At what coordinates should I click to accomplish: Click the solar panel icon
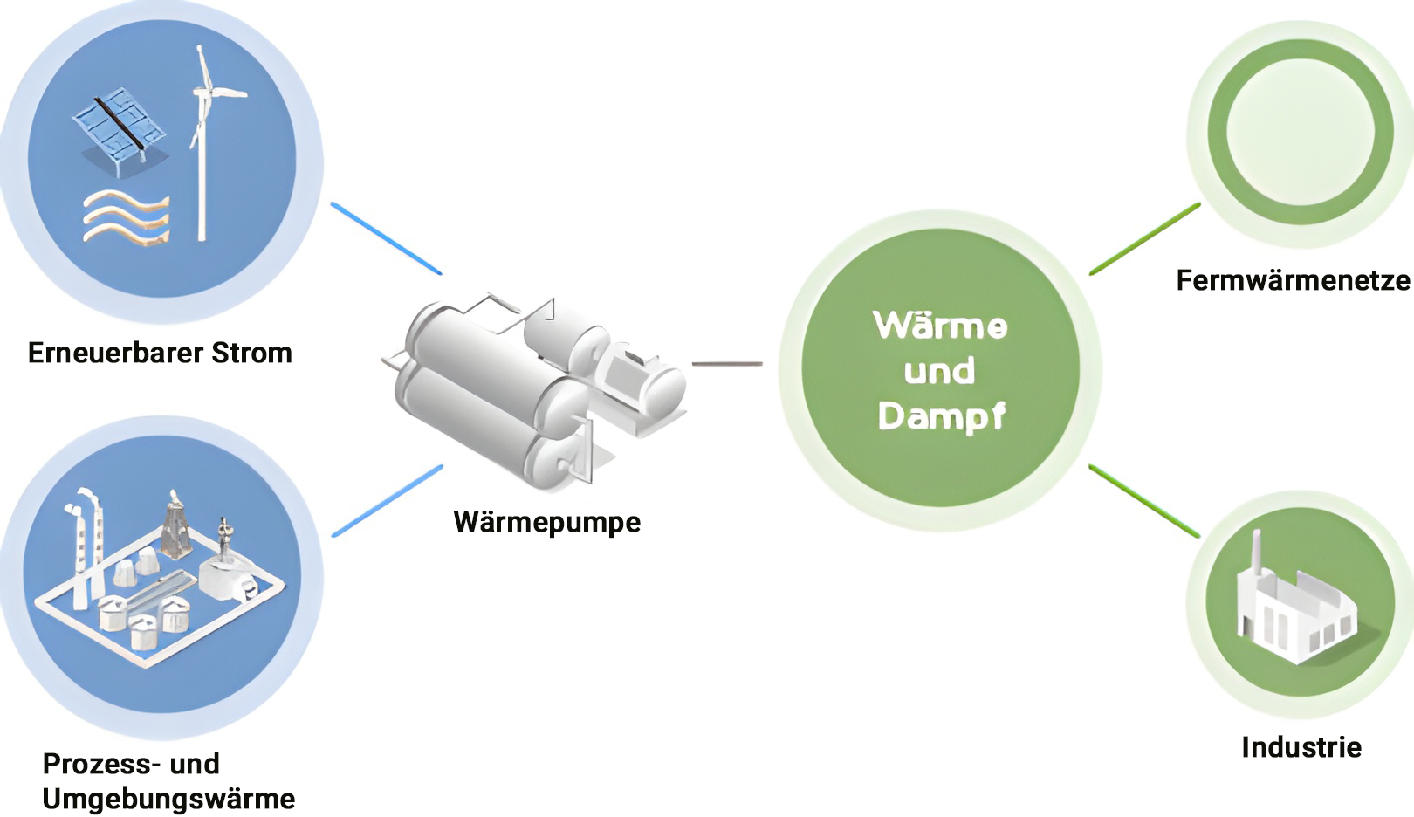pyautogui.click(x=118, y=127)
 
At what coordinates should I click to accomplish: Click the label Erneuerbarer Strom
pyautogui.click(x=160, y=353)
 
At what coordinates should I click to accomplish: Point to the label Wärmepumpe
pyautogui.click(x=547, y=522)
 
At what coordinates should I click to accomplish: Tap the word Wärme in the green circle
pyautogui.click(x=940, y=326)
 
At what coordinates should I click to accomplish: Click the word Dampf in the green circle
pyautogui.click(x=941, y=415)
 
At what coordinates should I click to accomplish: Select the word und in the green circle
pyautogui.click(x=939, y=371)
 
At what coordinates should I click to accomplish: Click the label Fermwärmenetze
pyautogui.click(x=1294, y=280)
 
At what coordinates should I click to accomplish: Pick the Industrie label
pyautogui.click(x=1301, y=747)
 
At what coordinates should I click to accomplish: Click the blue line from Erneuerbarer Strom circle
pyautogui.click(x=386, y=238)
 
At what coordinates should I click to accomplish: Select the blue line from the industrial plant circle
pyautogui.click(x=387, y=501)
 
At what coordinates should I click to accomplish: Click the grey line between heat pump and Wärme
pyautogui.click(x=727, y=363)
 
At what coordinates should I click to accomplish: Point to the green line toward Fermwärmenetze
pyautogui.click(x=1144, y=239)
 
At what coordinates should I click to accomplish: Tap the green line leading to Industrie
pyautogui.click(x=1144, y=501)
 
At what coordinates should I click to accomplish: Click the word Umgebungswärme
pyautogui.click(x=168, y=799)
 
